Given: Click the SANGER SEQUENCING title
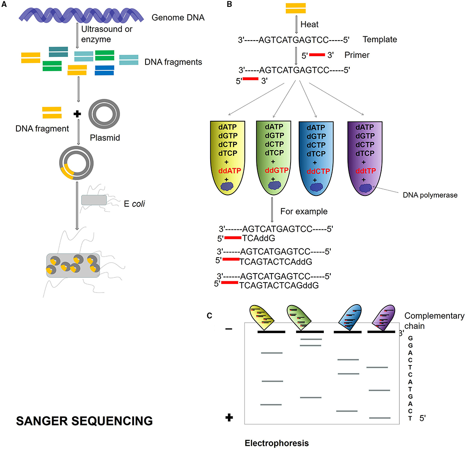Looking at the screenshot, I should pos(84,420).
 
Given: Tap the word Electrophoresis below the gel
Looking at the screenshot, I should pos(277,443).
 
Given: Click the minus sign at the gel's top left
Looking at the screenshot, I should pos(229,329).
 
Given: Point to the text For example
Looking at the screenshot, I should pos(304,211).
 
